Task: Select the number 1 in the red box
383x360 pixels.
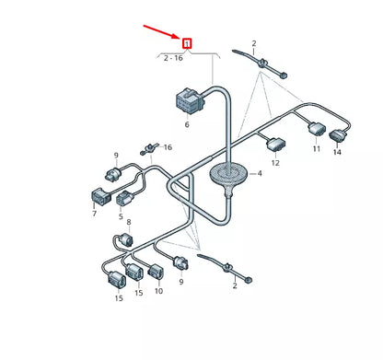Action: coord(187,43)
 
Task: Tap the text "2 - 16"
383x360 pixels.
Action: coord(172,57)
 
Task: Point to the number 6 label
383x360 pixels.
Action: coord(186,124)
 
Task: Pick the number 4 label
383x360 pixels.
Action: coord(261,172)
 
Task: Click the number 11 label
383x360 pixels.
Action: coord(315,148)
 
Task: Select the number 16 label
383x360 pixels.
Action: coord(168,146)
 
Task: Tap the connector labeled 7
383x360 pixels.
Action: coord(99,194)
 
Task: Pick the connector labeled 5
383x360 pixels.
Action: coord(122,198)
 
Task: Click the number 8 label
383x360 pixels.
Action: coord(129,223)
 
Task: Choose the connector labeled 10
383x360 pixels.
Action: coord(157,271)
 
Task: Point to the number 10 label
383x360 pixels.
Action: coord(158,291)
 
